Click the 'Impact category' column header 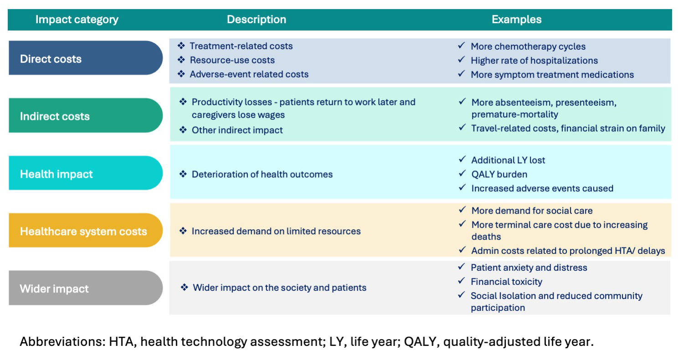(x=77, y=20)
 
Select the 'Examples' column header (x=516, y=20)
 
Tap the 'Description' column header (x=257, y=20)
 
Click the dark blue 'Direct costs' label (x=51, y=59)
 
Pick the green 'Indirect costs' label (x=55, y=116)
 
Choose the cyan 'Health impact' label (x=56, y=174)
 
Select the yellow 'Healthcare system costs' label (x=83, y=231)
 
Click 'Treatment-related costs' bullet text (x=241, y=46)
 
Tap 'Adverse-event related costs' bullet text (x=249, y=74)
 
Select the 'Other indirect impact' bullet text (x=237, y=130)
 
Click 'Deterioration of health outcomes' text (x=262, y=174)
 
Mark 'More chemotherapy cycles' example (x=528, y=46)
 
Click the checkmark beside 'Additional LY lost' (x=462, y=159)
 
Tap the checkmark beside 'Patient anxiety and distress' (x=462, y=267)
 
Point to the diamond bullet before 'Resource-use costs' (x=182, y=60)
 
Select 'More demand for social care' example (x=532, y=211)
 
